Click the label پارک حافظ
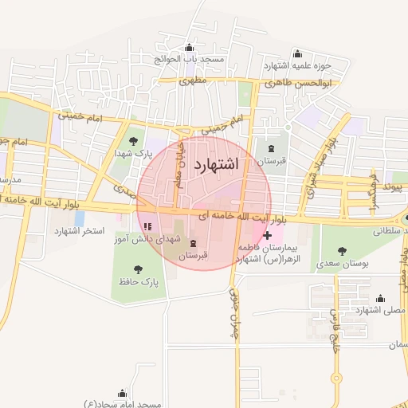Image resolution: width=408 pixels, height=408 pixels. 141,282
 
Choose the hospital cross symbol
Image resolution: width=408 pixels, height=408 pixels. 267,235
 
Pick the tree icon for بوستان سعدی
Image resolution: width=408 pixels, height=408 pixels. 342,249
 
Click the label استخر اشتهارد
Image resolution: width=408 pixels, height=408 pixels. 80,231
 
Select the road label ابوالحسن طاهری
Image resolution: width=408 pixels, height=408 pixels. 300,83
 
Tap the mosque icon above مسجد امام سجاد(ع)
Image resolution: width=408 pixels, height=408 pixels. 121,392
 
